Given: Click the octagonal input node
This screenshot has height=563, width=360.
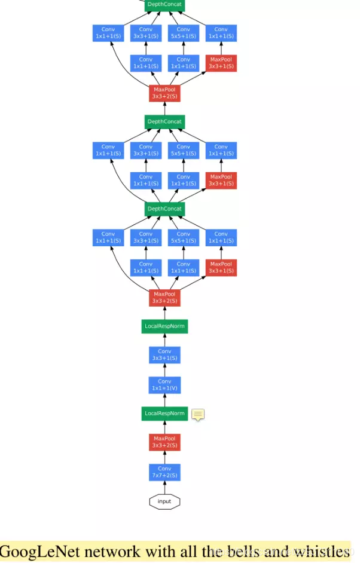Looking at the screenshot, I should pos(164,501).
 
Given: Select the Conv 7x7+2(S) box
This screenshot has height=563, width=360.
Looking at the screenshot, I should pos(164,472).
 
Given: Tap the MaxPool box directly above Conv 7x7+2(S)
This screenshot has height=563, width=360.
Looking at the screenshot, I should pos(164,442).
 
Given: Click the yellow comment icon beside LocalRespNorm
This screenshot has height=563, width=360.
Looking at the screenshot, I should pos(198,414).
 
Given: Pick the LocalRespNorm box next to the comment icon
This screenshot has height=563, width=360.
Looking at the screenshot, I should pos(164,414).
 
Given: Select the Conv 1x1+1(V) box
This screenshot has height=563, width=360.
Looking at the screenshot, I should pos(164,385).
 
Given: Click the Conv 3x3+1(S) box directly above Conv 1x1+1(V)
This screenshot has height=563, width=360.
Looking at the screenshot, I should pos(164,355).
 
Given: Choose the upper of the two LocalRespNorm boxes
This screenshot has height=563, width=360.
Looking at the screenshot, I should pos(164,326).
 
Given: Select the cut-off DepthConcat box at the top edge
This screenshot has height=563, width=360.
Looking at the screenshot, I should pos(164,5).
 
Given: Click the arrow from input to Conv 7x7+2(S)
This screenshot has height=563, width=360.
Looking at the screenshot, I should pos(164,487).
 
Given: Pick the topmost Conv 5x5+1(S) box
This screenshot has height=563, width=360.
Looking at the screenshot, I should pos(184,33).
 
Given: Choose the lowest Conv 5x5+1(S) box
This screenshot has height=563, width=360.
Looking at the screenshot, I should pos(184,237).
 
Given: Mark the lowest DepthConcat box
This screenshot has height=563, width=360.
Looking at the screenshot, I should pos(164,209).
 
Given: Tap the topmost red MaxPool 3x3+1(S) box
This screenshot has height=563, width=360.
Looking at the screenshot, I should pos(221,63).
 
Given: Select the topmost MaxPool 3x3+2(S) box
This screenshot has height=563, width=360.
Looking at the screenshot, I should pos(164,93).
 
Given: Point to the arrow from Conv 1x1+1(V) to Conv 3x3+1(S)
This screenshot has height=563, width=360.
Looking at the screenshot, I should pos(164,370).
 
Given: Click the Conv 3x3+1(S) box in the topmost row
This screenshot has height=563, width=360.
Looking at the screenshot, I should pos(146,33).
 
